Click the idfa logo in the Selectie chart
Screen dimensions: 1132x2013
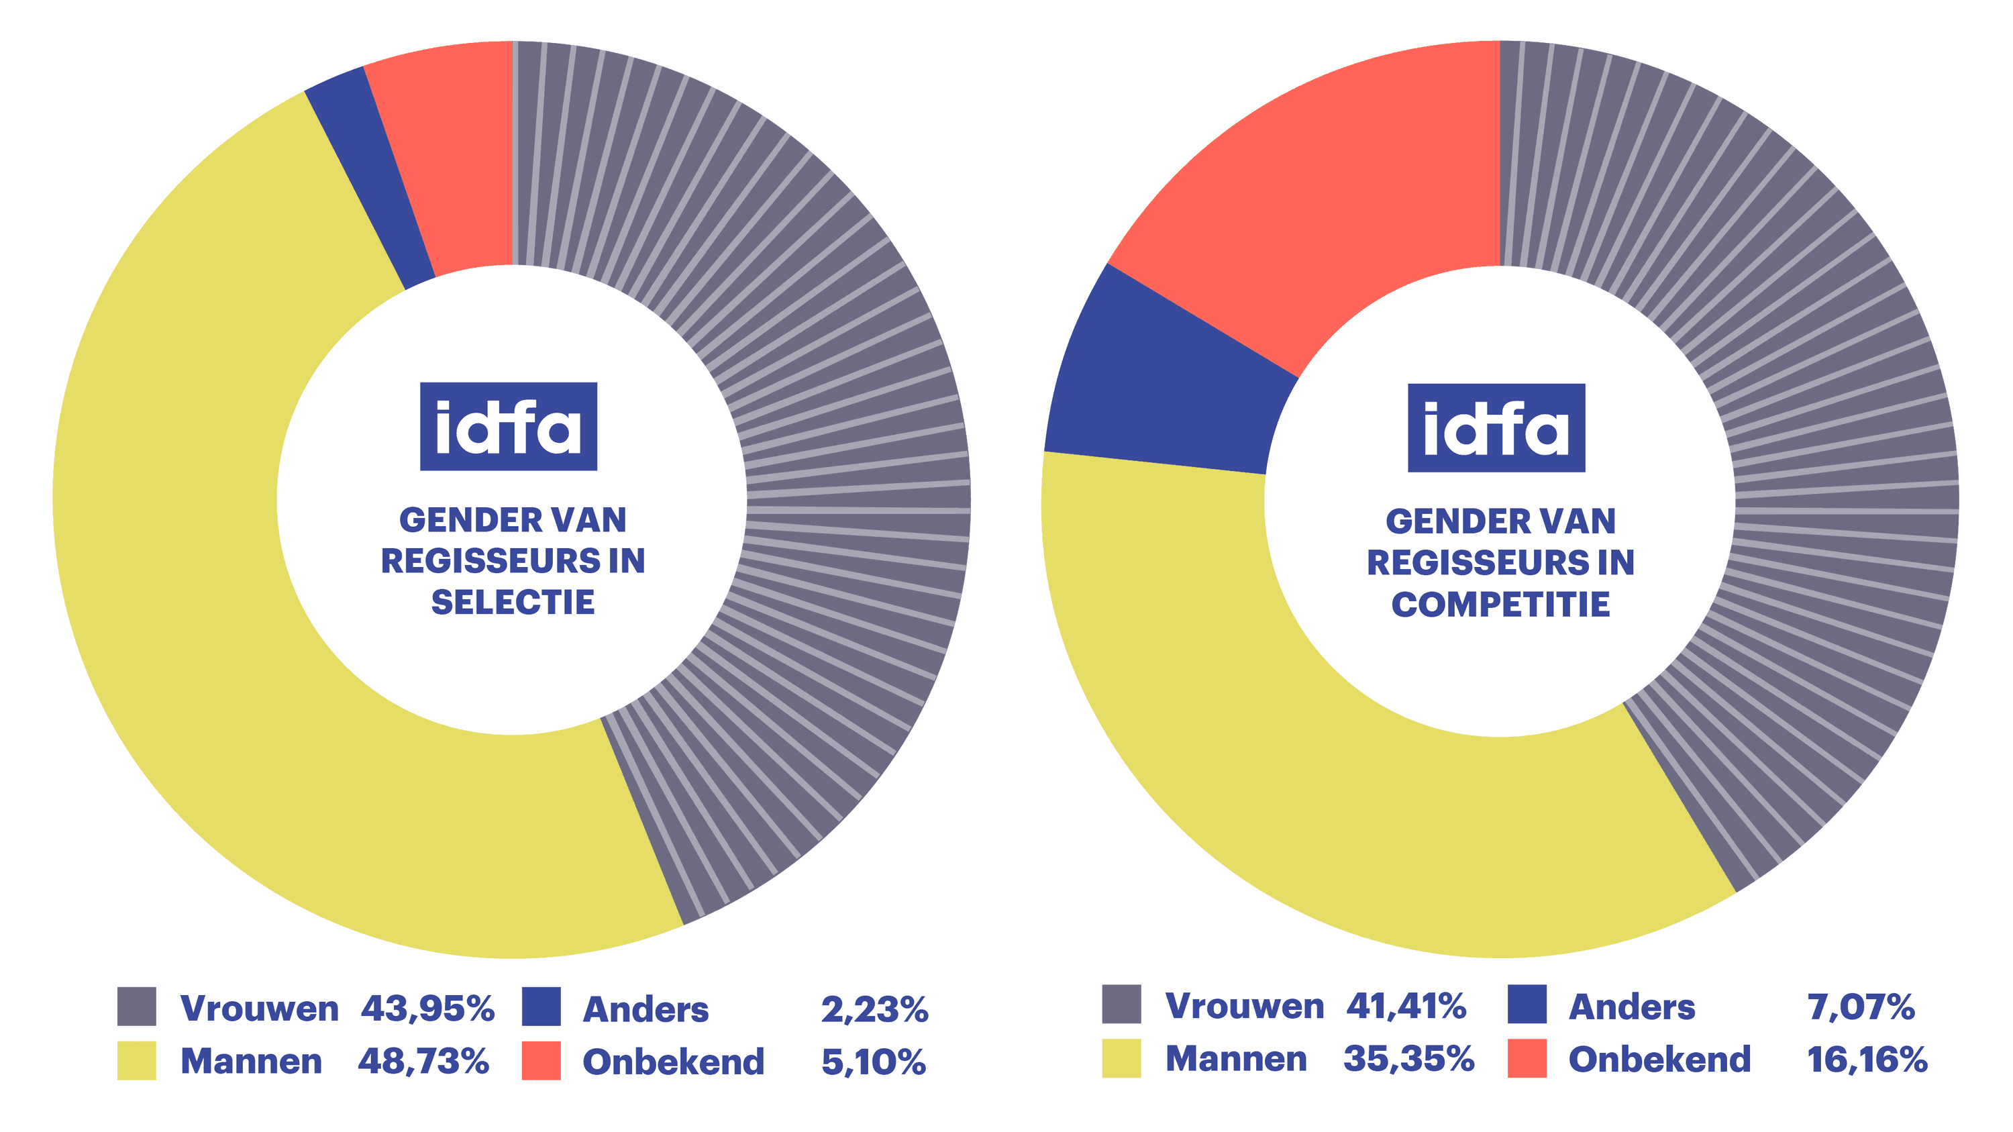click(508, 427)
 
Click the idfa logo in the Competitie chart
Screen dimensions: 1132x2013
click(1496, 428)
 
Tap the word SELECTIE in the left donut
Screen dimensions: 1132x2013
click(513, 603)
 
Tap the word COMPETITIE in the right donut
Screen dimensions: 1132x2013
click(1500, 605)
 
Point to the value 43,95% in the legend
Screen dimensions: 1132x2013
click(427, 1009)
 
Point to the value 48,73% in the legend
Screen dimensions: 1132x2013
click(423, 1062)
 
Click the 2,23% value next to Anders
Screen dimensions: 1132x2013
click(874, 1009)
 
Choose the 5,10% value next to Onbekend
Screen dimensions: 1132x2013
click(873, 1062)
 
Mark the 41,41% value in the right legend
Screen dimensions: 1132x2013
click(1406, 1007)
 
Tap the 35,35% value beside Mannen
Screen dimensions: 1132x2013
click(1408, 1060)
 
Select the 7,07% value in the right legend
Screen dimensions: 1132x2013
click(1860, 1007)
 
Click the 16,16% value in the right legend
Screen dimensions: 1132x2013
click(1866, 1060)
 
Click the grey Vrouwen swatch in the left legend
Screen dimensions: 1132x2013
click(137, 1007)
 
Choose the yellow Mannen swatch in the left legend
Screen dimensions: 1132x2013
click(137, 1060)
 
